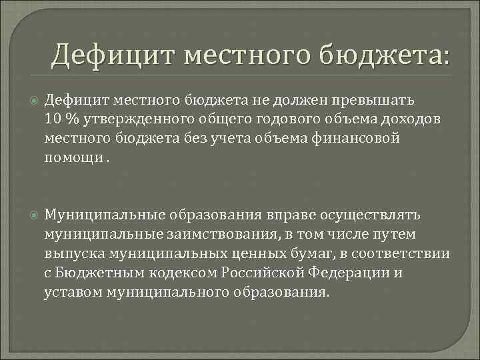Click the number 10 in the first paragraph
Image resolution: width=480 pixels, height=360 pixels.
tap(53, 118)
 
